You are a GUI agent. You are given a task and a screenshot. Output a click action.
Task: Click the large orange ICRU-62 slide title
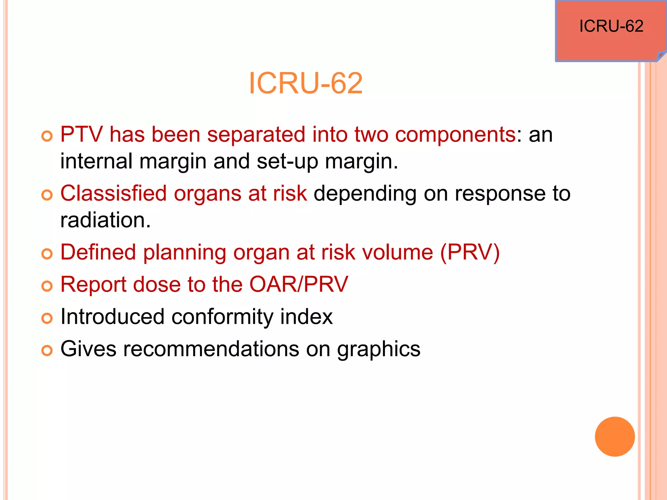(x=305, y=83)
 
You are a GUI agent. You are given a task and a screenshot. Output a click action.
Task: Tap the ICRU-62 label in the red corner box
(x=611, y=26)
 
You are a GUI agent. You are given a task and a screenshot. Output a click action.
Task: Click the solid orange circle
(x=615, y=437)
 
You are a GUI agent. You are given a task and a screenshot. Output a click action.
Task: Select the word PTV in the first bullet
(x=81, y=134)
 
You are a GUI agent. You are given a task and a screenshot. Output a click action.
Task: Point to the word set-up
(x=287, y=161)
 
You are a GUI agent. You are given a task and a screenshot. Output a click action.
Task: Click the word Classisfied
(x=113, y=193)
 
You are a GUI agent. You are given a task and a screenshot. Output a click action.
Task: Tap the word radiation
(x=105, y=220)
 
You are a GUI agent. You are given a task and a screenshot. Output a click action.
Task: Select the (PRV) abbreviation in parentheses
(x=470, y=252)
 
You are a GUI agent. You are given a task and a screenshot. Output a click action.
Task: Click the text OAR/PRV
(x=298, y=285)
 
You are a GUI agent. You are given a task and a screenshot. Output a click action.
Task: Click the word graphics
(x=378, y=349)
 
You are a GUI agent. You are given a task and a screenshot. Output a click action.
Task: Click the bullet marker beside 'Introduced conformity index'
(x=47, y=318)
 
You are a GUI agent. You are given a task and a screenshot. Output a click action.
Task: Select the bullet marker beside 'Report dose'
(x=47, y=286)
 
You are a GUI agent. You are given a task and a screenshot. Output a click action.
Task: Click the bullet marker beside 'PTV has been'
(x=47, y=136)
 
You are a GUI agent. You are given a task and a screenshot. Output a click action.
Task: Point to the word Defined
(x=98, y=252)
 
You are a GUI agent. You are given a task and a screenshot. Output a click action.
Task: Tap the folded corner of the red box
(x=661, y=55)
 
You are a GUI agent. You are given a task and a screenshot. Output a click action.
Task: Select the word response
(x=500, y=193)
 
